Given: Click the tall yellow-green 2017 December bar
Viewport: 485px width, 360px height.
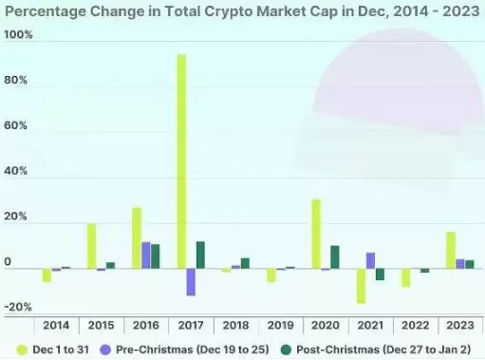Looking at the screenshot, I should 181,161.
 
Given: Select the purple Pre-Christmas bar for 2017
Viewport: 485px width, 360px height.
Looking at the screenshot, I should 191,282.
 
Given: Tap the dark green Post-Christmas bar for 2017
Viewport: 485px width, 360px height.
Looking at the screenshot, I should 200,255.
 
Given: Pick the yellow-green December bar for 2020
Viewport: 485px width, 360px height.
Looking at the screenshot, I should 316,234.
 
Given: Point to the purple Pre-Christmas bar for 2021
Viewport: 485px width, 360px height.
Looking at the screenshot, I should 370,260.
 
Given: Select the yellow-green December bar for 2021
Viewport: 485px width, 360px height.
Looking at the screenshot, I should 361,286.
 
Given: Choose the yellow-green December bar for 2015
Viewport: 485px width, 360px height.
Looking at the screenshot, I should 92,246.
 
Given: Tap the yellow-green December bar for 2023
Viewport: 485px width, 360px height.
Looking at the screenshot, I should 451,250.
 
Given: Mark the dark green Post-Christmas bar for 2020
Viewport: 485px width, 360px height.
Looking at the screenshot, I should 335,256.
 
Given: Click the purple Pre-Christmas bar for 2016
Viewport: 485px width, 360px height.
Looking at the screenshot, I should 146,255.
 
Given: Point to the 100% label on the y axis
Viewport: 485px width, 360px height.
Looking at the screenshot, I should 19,35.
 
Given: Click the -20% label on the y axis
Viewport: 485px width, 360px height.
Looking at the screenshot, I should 19,308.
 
